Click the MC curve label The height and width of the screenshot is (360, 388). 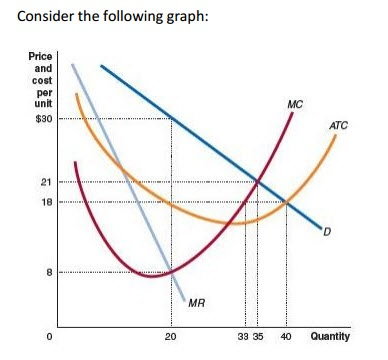click(294, 103)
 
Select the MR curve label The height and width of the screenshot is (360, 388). click(196, 302)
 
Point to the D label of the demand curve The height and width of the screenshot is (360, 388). click(326, 234)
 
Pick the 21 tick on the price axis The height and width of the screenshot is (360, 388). click(46, 181)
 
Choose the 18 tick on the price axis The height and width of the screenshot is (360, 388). click(46, 201)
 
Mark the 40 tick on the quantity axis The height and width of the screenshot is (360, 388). click(286, 337)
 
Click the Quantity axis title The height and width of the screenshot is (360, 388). click(330, 337)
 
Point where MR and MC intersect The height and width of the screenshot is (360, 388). click(170, 271)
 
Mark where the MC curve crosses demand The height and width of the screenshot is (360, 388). click(259, 181)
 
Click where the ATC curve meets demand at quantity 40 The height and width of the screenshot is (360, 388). click(287, 202)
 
